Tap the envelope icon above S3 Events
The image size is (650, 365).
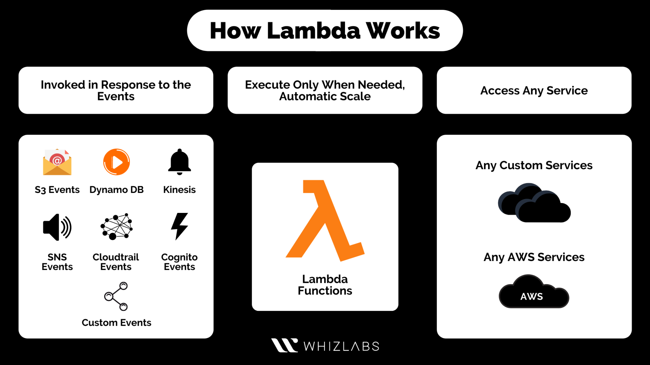pyautogui.click(x=57, y=162)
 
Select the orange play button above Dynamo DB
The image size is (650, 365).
pyautogui.click(x=116, y=162)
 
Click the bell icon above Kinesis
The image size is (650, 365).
pyautogui.click(x=179, y=162)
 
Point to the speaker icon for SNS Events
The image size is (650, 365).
pyautogui.click(x=57, y=227)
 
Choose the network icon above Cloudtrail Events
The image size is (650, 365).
pyautogui.click(x=116, y=227)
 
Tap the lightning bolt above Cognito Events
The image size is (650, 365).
pyautogui.click(x=179, y=226)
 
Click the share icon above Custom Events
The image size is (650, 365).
pyautogui.click(x=116, y=296)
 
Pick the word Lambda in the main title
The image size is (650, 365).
pyautogui.click(x=314, y=31)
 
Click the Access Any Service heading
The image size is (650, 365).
pyautogui.click(x=534, y=91)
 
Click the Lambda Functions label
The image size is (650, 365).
pyautogui.click(x=325, y=285)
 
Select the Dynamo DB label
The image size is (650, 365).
pyautogui.click(x=116, y=189)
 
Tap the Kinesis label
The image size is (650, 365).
pyautogui.click(x=179, y=189)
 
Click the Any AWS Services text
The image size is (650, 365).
pyautogui.click(x=534, y=257)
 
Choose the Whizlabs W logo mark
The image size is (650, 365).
pyautogui.click(x=284, y=345)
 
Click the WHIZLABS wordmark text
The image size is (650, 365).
pyautogui.click(x=342, y=346)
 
